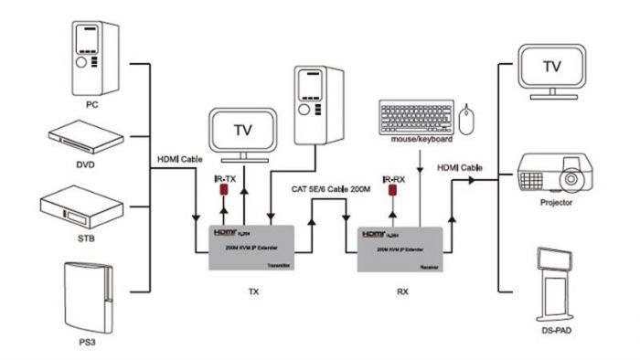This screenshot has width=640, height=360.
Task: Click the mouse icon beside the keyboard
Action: [467, 119]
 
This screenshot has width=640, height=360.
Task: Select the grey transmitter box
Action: [251, 247]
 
